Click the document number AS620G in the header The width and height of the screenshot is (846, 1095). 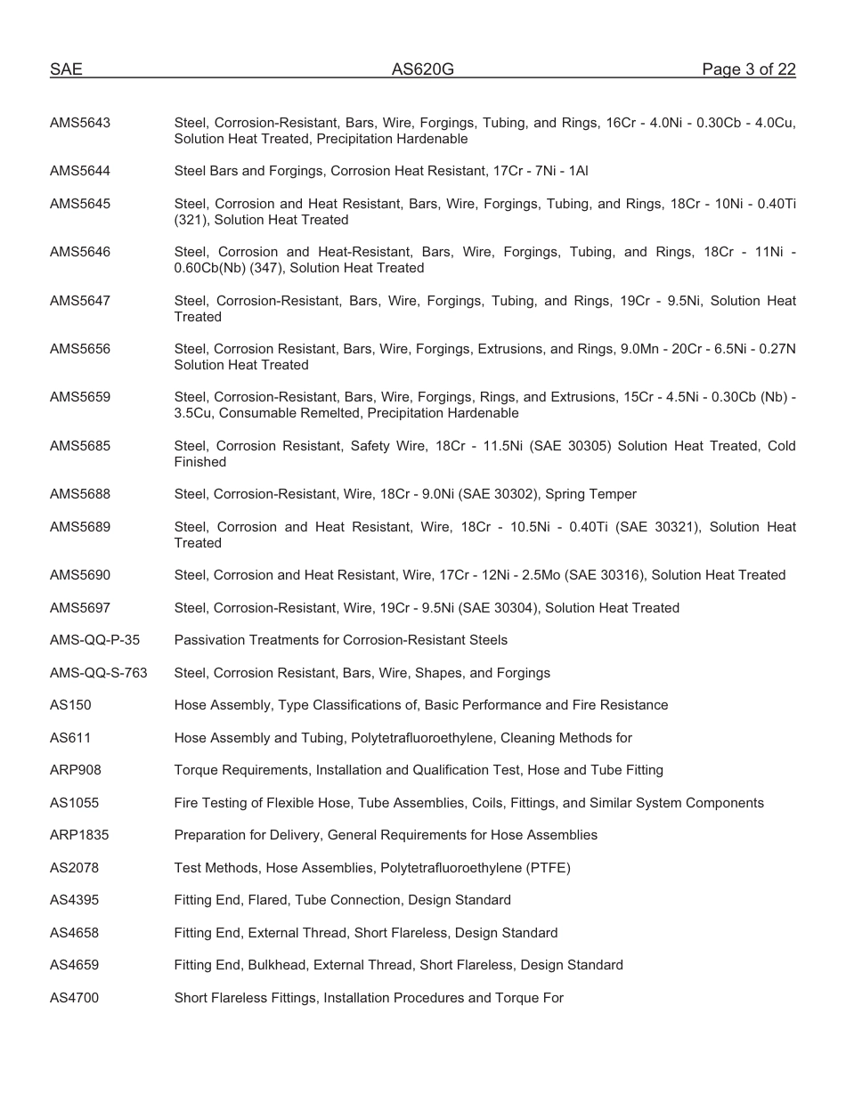[422, 69]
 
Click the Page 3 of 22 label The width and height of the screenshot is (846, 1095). [748, 69]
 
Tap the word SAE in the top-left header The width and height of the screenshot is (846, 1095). [66, 69]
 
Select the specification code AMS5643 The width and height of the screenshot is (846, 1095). [80, 123]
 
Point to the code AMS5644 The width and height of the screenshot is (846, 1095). [80, 171]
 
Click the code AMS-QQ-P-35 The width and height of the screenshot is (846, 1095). [94, 640]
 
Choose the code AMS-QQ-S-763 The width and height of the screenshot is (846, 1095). [98, 673]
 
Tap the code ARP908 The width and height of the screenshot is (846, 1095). [76, 770]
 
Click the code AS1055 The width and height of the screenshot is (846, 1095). [74, 803]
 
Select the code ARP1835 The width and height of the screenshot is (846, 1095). [79, 835]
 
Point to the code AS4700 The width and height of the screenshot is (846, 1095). [74, 998]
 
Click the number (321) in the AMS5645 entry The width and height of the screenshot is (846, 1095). [191, 220]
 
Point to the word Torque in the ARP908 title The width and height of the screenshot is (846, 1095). [195, 770]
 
